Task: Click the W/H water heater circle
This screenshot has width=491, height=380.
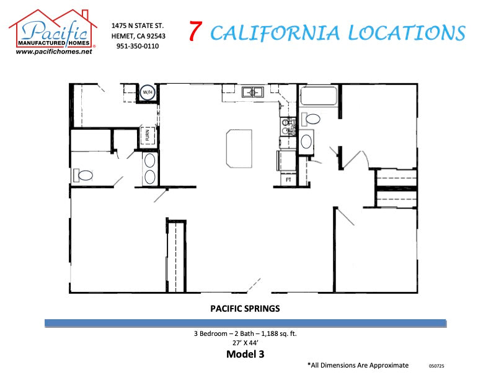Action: (148, 93)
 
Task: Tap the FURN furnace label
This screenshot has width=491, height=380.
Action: (148, 135)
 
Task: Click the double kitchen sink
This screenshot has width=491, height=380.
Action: (253, 93)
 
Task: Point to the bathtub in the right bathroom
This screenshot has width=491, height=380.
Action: (319, 97)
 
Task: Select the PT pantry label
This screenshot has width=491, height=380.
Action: (288, 180)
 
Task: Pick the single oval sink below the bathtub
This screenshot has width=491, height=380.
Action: (306, 142)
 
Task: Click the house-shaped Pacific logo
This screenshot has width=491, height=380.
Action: (53, 29)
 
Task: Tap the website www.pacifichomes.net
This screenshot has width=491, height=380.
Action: (54, 52)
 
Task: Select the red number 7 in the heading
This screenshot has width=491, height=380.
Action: (195, 32)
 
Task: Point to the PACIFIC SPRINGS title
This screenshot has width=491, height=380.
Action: (245, 308)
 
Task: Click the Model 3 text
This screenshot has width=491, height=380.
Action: (245, 354)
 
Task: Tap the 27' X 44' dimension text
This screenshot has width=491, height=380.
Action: (245, 343)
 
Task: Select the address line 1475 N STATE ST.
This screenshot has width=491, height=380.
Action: (137, 25)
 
